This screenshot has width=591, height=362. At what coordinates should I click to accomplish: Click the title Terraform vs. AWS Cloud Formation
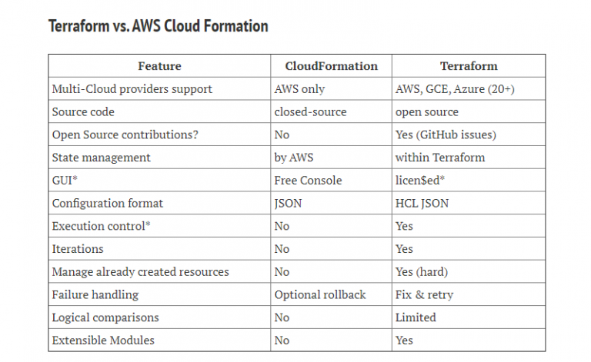pyautogui.click(x=159, y=26)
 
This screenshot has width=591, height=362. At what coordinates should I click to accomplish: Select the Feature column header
pyautogui.click(x=159, y=66)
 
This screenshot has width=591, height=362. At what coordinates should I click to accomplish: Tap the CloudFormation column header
pyautogui.click(x=332, y=66)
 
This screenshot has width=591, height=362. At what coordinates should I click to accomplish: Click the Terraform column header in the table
pyautogui.click(x=469, y=66)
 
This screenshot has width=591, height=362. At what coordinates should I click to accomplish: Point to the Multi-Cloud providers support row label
pyautogui.click(x=132, y=89)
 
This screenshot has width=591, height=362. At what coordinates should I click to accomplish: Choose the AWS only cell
pyautogui.click(x=299, y=89)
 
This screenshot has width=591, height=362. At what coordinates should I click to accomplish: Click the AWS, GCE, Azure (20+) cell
pyautogui.click(x=455, y=89)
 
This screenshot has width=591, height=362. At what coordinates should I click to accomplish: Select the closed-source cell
pyautogui.click(x=310, y=111)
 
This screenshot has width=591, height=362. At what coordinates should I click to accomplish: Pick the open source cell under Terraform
pyautogui.click(x=426, y=112)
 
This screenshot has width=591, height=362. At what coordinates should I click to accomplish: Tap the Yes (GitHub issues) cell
pyautogui.click(x=446, y=135)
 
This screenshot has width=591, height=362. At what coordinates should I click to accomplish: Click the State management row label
pyautogui.click(x=101, y=158)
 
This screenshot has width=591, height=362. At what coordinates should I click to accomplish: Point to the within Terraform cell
pyautogui.click(x=440, y=158)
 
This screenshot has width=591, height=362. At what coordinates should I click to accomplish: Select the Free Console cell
pyautogui.click(x=308, y=181)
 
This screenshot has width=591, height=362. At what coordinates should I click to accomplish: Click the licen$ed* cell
pyautogui.click(x=420, y=181)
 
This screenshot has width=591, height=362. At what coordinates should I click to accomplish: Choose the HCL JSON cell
pyautogui.click(x=422, y=203)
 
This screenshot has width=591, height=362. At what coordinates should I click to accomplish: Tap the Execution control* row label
pyautogui.click(x=101, y=226)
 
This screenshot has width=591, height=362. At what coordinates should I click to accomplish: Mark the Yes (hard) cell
pyautogui.click(x=422, y=271)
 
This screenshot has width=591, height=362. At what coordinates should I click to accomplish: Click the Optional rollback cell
pyautogui.click(x=320, y=294)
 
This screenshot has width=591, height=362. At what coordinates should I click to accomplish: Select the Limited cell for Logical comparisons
pyautogui.click(x=416, y=317)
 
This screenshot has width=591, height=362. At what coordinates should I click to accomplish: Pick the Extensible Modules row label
pyautogui.click(x=103, y=340)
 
